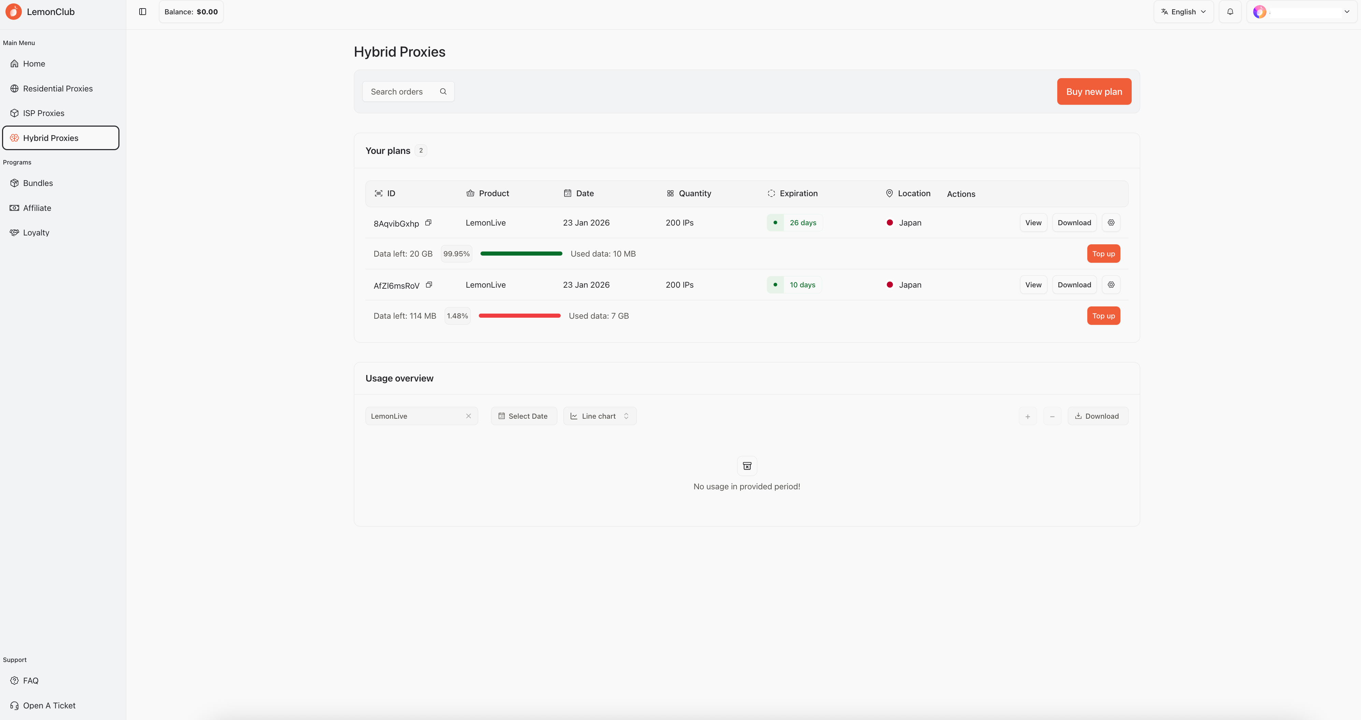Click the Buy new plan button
pyautogui.click(x=1094, y=91)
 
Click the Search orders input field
pyautogui.click(x=408, y=91)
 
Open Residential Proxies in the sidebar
pyautogui.click(x=58, y=88)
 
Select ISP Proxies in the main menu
pyautogui.click(x=43, y=113)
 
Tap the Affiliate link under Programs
pyautogui.click(x=37, y=207)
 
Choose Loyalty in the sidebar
pyautogui.click(x=36, y=232)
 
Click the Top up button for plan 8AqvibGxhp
pyautogui.click(x=1103, y=254)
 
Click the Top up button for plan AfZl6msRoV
pyautogui.click(x=1103, y=316)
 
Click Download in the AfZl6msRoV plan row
pyautogui.click(x=1074, y=285)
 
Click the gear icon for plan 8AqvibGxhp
pyautogui.click(x=1111, y=222)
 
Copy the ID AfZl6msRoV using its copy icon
pyautogui.click(x=429, y=285)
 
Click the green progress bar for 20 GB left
pyautogui.click(x=521, y=254)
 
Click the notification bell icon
pyautogui.click(x=1230, y=12)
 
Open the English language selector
pyautogui.click(x=1184, y=12)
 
